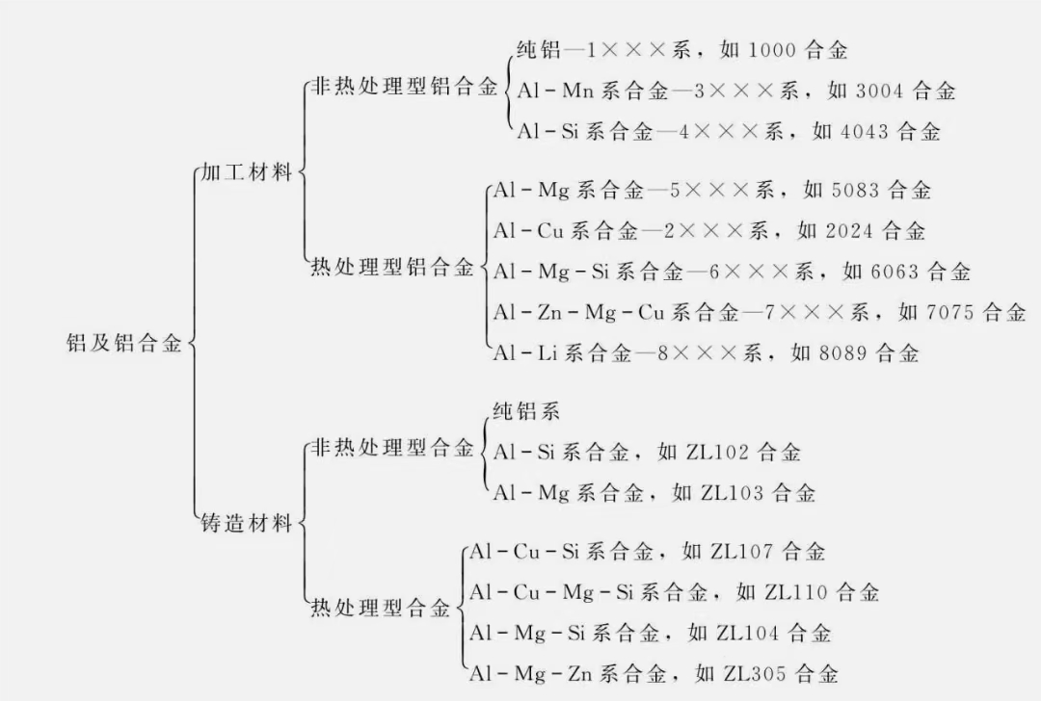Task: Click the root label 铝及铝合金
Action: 124,344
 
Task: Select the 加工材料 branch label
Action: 246,173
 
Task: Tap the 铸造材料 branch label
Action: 246,525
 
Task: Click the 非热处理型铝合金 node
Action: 404,90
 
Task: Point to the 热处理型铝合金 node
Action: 392,267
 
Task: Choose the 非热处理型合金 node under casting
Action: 392,448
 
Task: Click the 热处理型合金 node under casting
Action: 380,609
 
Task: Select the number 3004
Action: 878,91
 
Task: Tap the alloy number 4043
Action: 863,132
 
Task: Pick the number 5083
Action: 854,191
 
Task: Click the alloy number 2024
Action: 848,231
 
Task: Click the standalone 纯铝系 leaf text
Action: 526,412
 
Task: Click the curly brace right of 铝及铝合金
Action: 194,344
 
